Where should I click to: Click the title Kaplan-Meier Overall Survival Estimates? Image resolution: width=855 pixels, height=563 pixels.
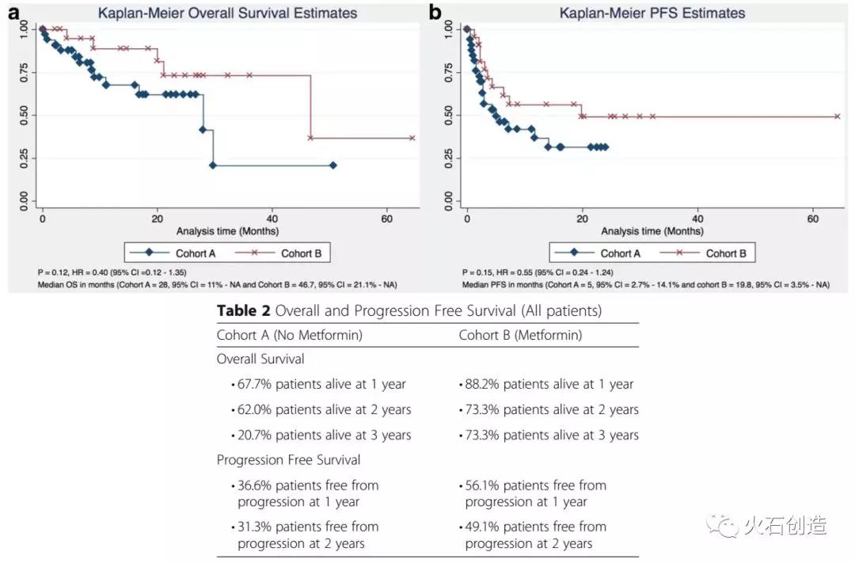tap(227, 13)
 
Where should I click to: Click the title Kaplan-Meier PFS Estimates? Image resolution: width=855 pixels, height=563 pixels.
tap(652, 13)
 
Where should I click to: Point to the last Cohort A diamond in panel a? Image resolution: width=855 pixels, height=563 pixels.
tap(332, 165)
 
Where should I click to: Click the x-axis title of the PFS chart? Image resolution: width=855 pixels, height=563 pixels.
tap(652, 231)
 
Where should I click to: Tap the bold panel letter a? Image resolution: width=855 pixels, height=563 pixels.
tap(13, 12)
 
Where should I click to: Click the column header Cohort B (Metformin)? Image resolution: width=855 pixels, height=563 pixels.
tap(520, 335)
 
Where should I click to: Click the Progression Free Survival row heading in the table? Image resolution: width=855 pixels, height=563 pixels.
tap(289, 460)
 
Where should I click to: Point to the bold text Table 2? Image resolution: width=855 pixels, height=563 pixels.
tap(243, 311)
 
